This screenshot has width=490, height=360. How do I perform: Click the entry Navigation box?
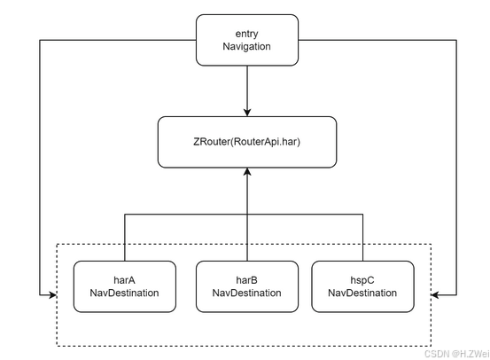(x=246, y=40)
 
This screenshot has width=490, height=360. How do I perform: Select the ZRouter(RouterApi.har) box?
(x=246, y=142)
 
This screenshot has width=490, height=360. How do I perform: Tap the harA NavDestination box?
(x=124, y=286)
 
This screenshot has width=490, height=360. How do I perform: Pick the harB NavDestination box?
(x=246, y=286)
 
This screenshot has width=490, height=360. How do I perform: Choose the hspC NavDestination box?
(x=362, y=286)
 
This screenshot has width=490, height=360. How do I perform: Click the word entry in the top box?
(x=246, y=33)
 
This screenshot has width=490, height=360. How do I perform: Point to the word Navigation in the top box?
(x=246, y=48)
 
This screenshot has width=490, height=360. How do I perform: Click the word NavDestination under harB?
(x=246, y=293)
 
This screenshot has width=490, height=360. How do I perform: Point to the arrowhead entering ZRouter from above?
(x=246, y=111)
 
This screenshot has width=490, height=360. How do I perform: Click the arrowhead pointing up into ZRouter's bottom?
(x=246, y=174)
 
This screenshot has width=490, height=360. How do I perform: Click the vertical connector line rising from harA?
(x=124, y=237)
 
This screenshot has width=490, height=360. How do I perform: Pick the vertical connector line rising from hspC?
(x=362, y=237)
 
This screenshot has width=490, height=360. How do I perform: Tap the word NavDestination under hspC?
(x=362, y=293)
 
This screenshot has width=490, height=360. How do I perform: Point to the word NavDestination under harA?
(x=124, y=293)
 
